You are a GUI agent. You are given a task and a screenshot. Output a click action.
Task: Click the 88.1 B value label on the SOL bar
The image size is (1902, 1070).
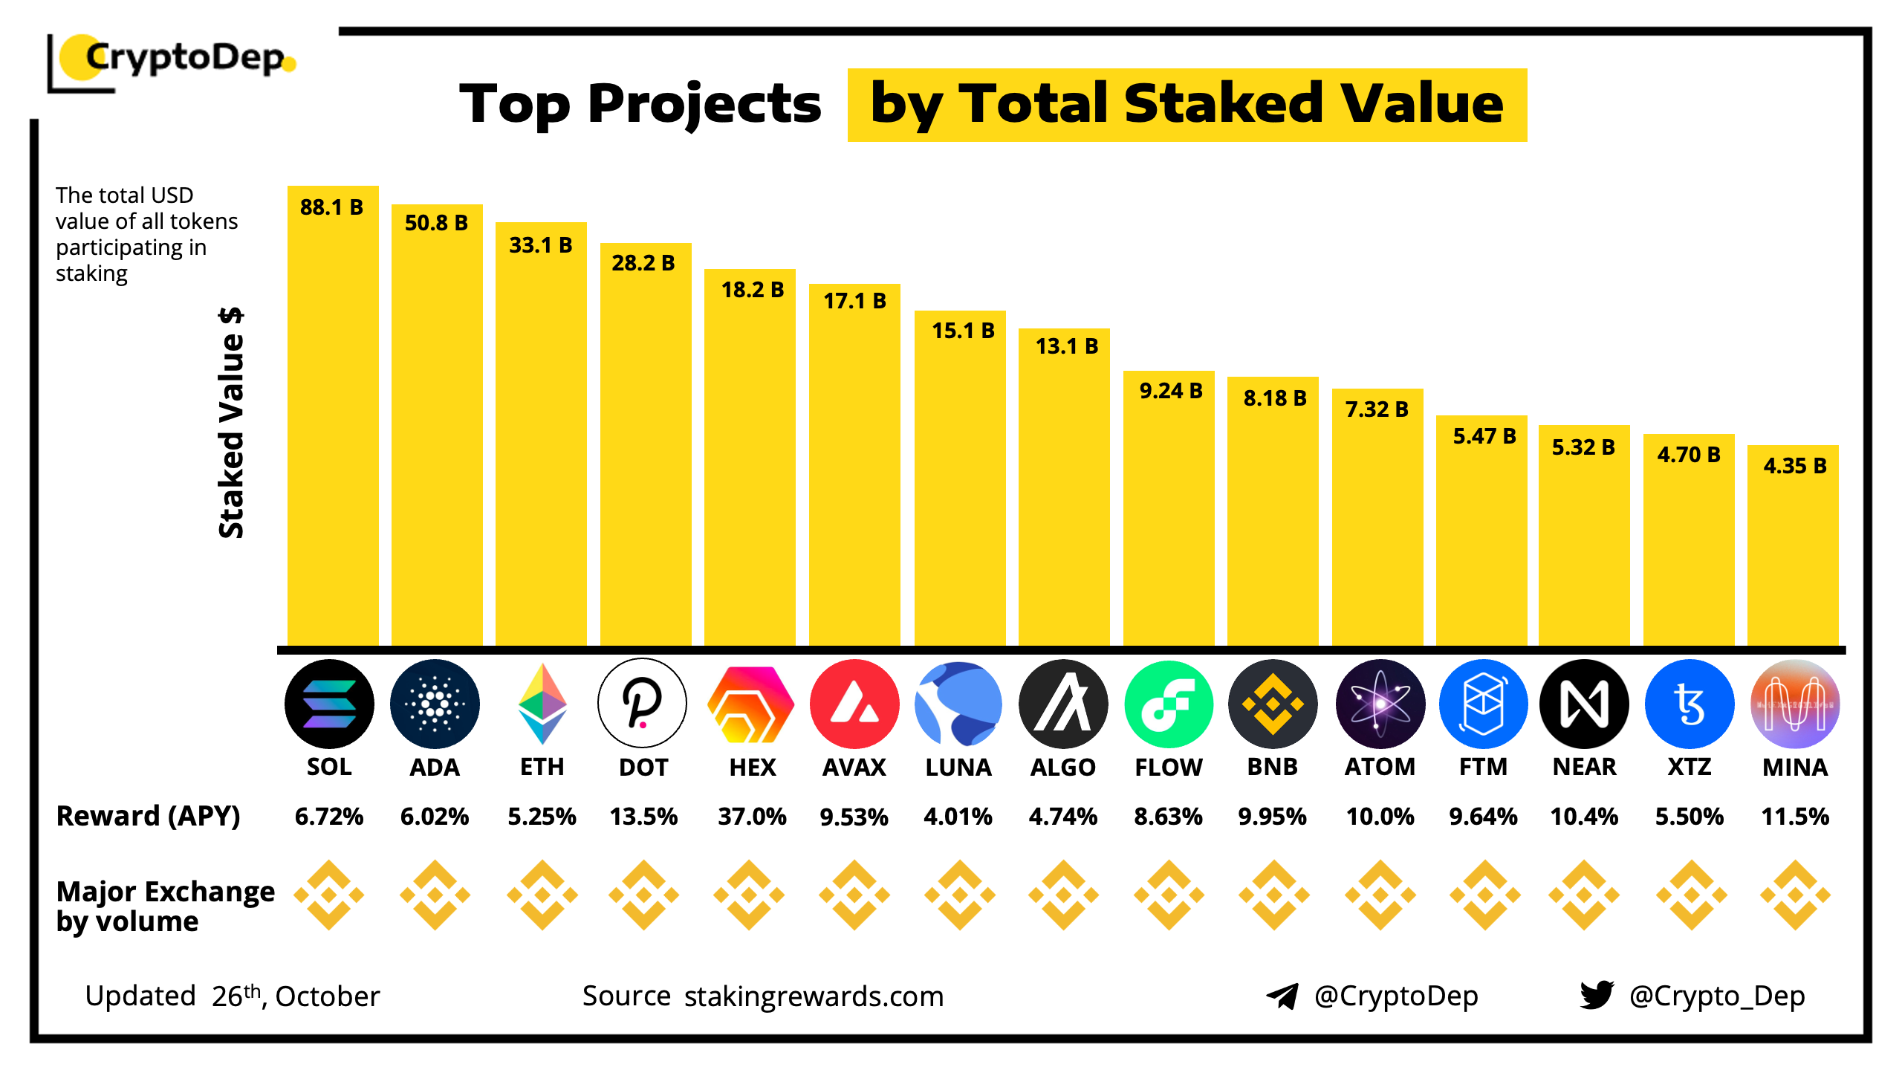[x=331, y=207]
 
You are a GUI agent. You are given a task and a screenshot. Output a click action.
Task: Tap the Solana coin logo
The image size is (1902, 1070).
[x=329, y=704]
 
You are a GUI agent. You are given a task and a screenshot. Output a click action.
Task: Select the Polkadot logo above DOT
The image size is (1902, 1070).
[x=642, y=704]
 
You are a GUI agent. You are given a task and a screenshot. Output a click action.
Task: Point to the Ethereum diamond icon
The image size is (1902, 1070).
[x=542, y=704]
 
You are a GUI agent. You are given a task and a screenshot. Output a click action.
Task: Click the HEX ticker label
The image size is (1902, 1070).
[x=752, y=767]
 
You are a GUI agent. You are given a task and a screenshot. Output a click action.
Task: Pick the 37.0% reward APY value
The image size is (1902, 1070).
[x=752, y=817]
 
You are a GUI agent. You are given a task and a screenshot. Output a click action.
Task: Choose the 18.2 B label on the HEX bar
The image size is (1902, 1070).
[x=752, y=290]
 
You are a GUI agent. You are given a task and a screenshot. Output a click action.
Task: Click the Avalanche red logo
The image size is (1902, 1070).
[x=854, y=704]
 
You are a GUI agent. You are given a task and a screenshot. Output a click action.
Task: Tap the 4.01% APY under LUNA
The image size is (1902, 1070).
[x=958, y=817]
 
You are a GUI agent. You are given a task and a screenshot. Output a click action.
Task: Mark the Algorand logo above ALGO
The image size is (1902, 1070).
[x=1063, y=704]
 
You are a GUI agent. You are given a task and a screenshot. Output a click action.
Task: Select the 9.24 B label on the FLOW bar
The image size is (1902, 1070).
[x=1170, y=391]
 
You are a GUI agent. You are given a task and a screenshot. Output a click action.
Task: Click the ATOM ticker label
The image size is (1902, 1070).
[x=1380, y=767]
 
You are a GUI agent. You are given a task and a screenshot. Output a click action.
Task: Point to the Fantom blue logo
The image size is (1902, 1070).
[x=1483, y=704]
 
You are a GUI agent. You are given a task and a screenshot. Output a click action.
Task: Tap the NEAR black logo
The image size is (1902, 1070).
[x=1584, y=704]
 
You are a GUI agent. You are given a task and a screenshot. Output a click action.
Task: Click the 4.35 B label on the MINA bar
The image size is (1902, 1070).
[x=1794, y=466]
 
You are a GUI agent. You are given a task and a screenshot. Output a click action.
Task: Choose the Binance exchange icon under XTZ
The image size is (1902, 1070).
[x=1691, y=895]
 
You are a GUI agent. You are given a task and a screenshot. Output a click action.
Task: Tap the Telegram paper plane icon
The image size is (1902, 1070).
[x=1282, y=996]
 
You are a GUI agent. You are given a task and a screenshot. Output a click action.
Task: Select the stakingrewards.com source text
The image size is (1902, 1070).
[x=814, y=996]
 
